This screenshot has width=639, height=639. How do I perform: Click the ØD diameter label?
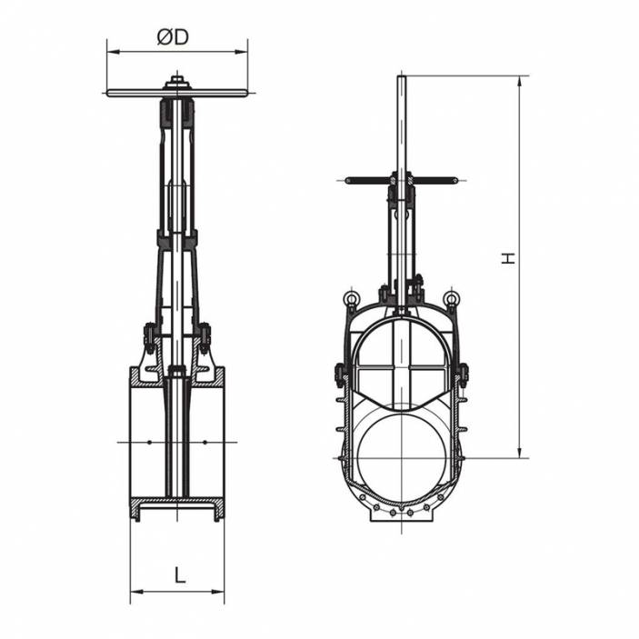pos(172,37)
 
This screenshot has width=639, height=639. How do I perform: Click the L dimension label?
pos(180,574)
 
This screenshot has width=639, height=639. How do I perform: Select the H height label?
pos(509,258)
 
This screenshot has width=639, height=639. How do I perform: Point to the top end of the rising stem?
pos(401,78)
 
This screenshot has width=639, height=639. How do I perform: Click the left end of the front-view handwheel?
pos(349,181)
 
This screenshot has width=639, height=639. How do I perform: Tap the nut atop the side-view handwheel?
pos(177,83)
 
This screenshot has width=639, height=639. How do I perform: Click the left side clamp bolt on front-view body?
pos(339,374)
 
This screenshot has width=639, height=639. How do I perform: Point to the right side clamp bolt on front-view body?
pos(463,374)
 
